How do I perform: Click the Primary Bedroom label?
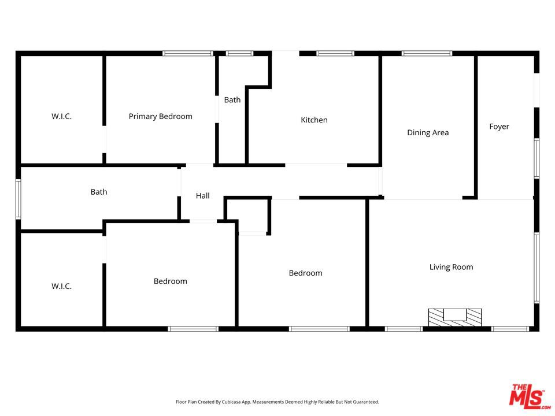coord(160,116)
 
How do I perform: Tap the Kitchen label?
coord(314,120)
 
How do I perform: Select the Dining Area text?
coord(428,133)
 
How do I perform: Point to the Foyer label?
coord(499,127)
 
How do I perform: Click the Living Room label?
coord(452,267)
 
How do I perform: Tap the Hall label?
coord(203,196)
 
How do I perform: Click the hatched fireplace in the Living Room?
coord(455,317)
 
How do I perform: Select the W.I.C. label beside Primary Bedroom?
coord(62,116)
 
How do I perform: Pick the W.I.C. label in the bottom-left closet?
coord(62,286)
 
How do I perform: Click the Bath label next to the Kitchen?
coord(232,100)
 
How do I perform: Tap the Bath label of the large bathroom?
coord(99,192)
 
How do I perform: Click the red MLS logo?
coord(530,396)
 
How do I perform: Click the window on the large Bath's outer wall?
coord(18,199)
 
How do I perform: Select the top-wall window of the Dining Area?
coord(427,53)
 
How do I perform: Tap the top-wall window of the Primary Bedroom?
coord(188,53)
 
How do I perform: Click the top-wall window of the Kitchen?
coord(335,53)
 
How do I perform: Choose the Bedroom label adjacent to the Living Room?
coord(305,273)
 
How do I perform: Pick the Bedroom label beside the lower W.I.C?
coord(170,281)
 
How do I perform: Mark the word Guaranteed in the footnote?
coord(365,402)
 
